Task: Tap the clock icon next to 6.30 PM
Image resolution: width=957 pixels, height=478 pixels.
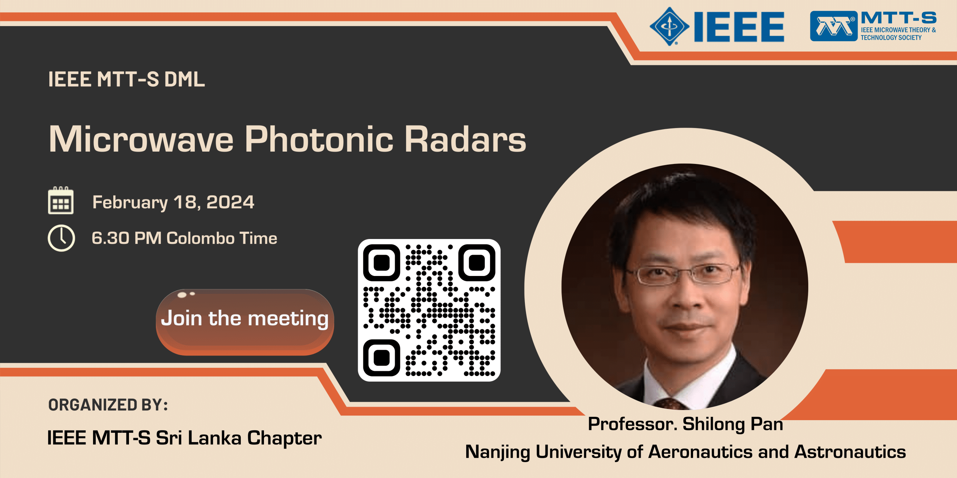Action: (61, 238)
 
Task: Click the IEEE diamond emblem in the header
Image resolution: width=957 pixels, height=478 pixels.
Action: (669, 26)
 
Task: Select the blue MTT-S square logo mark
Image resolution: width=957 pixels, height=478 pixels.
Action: (833, 26)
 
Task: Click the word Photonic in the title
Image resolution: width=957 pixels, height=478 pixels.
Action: (319, 139)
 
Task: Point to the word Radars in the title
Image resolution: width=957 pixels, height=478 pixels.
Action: (465, 139)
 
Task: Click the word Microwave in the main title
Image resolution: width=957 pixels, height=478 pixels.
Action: (141, 139)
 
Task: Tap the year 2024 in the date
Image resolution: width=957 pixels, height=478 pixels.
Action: (230, 202)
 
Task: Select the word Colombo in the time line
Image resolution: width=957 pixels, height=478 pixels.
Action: (200, 238)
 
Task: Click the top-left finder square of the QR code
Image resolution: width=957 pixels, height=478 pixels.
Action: (382, 263)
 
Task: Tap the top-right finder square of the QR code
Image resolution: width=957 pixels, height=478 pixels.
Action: (477, 263)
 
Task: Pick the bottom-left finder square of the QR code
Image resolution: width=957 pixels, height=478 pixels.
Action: (382, 357)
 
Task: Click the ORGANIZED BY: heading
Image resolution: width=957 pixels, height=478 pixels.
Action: (108, 405)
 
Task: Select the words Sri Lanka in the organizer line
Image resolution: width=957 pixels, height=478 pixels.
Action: (198, 438)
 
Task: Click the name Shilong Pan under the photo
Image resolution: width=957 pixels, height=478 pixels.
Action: (732, 424)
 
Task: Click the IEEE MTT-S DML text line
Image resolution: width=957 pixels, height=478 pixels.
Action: (126, 79)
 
